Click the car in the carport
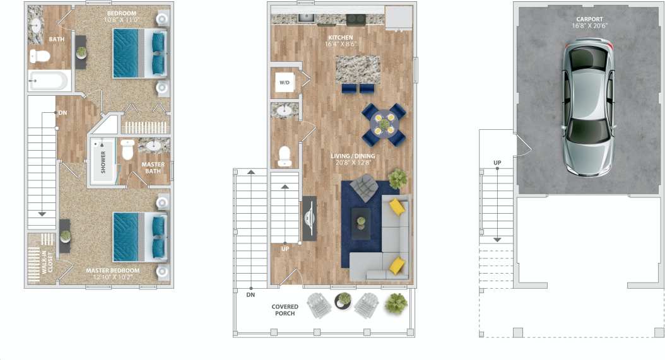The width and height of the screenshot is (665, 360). (589, 108)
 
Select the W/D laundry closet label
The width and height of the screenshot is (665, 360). (285, 83)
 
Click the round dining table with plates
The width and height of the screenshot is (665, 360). (384, 124)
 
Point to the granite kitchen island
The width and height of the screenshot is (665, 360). (358, 69)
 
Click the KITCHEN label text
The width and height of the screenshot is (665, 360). (341, 41)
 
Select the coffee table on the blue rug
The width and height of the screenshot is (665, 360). (361, 223)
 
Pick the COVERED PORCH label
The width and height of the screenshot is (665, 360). (285, 310)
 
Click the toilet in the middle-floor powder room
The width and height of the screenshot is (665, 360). (285, 156)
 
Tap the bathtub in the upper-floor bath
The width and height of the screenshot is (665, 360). (48, 81)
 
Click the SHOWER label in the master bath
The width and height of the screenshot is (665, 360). (103, 161)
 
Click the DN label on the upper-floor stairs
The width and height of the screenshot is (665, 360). (62, 113)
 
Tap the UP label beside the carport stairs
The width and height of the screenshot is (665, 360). (497, 163)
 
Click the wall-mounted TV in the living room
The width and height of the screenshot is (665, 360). (309, 218)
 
